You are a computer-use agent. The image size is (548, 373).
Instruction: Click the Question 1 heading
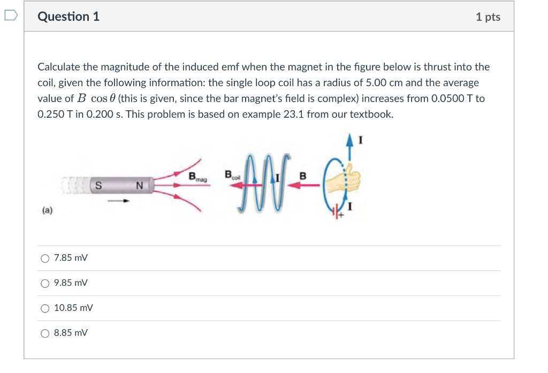(68, 17)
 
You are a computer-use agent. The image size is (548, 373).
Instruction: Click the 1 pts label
(488, 17)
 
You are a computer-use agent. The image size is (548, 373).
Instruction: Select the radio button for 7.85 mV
(45, 258)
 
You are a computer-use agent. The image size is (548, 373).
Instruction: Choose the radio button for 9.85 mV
(45, 283)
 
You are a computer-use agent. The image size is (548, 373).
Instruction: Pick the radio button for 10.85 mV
(45, 308)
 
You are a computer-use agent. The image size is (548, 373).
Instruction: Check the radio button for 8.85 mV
(45, 333)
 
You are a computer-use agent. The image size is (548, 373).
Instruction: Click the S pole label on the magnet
(98, 186)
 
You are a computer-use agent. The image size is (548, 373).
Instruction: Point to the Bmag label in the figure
(198, 176)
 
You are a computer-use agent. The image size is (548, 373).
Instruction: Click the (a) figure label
(47, 211)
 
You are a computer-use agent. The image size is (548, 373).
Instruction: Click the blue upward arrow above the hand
(351, 148)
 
